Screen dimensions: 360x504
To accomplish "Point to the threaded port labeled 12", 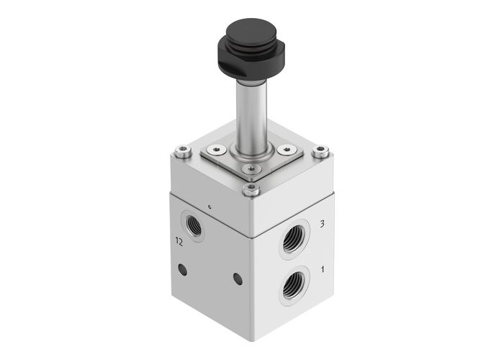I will [194, 224].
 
